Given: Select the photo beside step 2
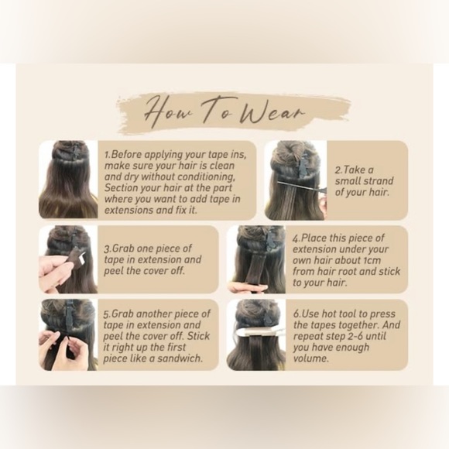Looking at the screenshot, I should point(295,180).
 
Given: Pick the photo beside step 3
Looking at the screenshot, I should point(68,259).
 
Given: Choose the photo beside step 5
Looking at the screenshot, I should point(68,334).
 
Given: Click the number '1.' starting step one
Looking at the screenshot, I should point(108,155).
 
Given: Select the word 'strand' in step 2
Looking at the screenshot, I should point(379,181).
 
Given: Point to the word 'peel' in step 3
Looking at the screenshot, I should point(115,272).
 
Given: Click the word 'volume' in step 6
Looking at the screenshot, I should point(310,358).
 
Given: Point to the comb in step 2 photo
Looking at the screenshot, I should point(302,186).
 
